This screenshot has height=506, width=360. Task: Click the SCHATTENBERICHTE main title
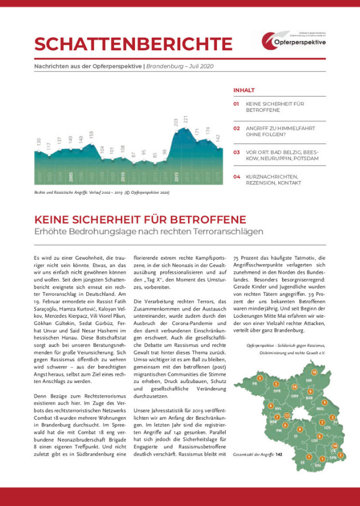(x=133, y=43)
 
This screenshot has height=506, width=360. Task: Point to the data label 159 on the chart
(x=91, y=134)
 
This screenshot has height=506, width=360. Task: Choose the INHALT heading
(x=244, y=90)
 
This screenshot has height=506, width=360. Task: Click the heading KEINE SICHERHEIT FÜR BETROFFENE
(x=140, y=220)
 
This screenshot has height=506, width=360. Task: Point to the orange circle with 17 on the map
(x=286, y=416)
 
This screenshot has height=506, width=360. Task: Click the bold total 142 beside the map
(x=279, y=455)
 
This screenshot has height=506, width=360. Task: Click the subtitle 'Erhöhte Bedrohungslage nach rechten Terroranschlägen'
(x=149, y=232)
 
